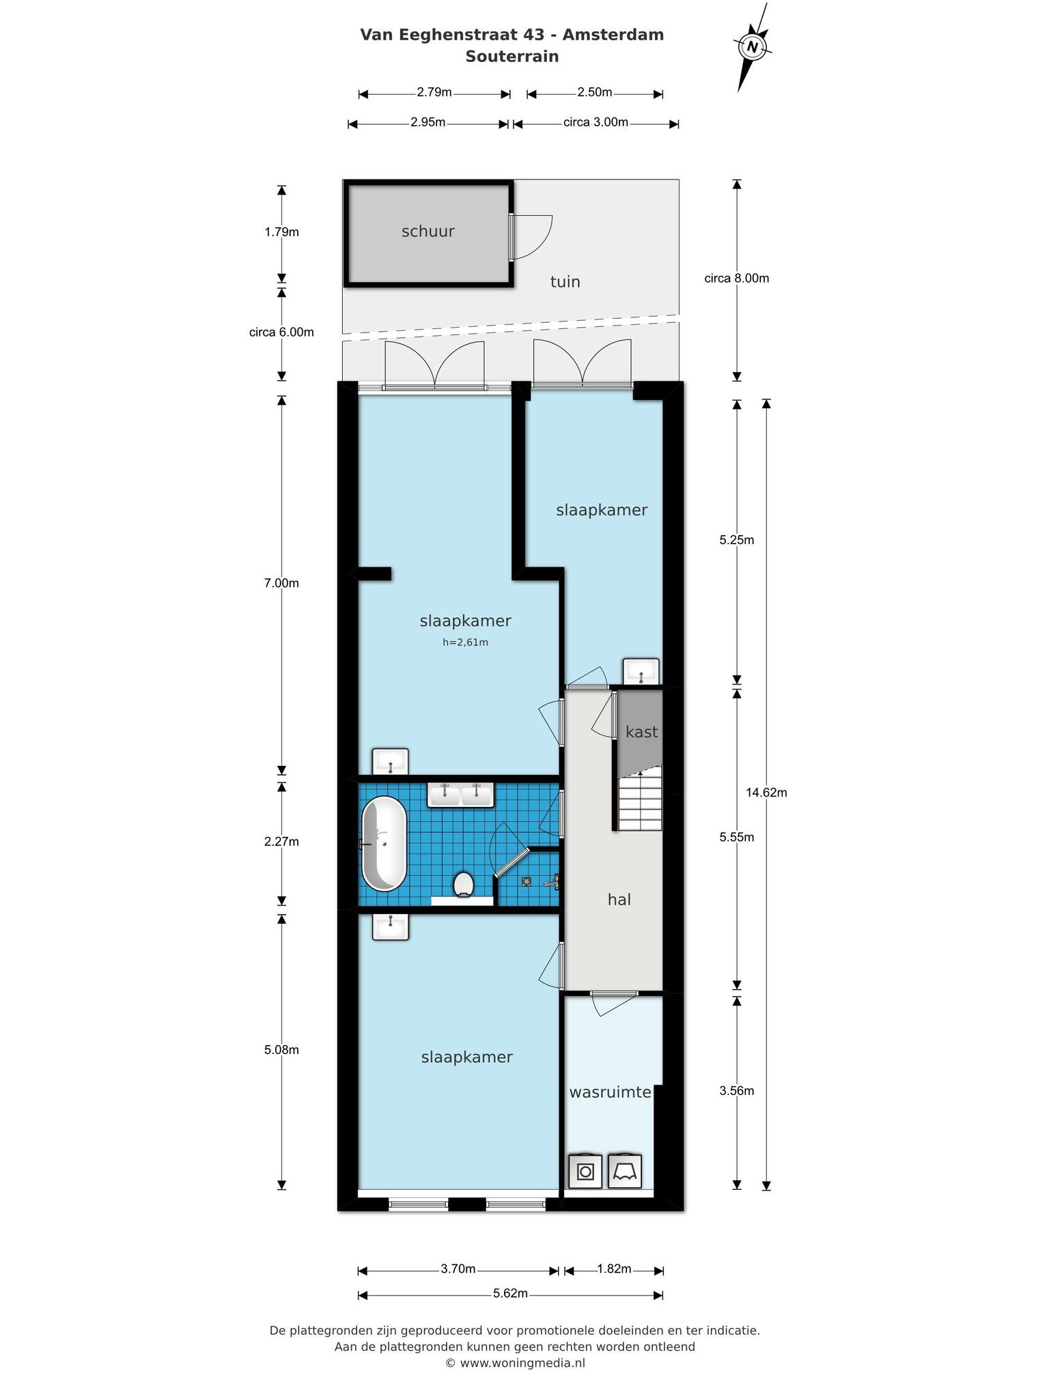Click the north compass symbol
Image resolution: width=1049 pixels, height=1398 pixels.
(x=753, y=47)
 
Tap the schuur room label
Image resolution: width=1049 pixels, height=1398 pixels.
(x=428, y=231)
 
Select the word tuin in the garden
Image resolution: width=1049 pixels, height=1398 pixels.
(x=565, y=282)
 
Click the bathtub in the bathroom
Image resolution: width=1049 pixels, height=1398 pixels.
(x=384, y=844)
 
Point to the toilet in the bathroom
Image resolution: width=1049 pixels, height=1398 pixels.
(x=464, y=884)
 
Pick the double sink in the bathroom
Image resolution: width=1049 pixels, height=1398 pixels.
(x=460, y=795)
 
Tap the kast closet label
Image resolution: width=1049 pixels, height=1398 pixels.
(x=642, y=732)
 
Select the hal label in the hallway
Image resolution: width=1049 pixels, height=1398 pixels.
(x=619, y=900)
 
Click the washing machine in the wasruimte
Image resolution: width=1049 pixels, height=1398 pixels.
(x=586, y=1171)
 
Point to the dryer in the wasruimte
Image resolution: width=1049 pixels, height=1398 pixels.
(x=625, y=1171)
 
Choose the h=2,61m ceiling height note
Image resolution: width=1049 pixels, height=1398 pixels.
(x=466, y=642)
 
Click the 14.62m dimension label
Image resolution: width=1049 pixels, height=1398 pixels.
(x=766, y=793)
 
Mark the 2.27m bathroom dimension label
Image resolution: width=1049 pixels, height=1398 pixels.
(x=281, y=842)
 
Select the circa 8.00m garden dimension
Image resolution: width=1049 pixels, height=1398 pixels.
(x=737, y=278)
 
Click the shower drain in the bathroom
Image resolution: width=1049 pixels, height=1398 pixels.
(x=527, y=881)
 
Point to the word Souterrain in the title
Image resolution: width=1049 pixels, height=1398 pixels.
(x=512, y=57)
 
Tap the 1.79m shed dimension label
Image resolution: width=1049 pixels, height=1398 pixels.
(x=281, y=232)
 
